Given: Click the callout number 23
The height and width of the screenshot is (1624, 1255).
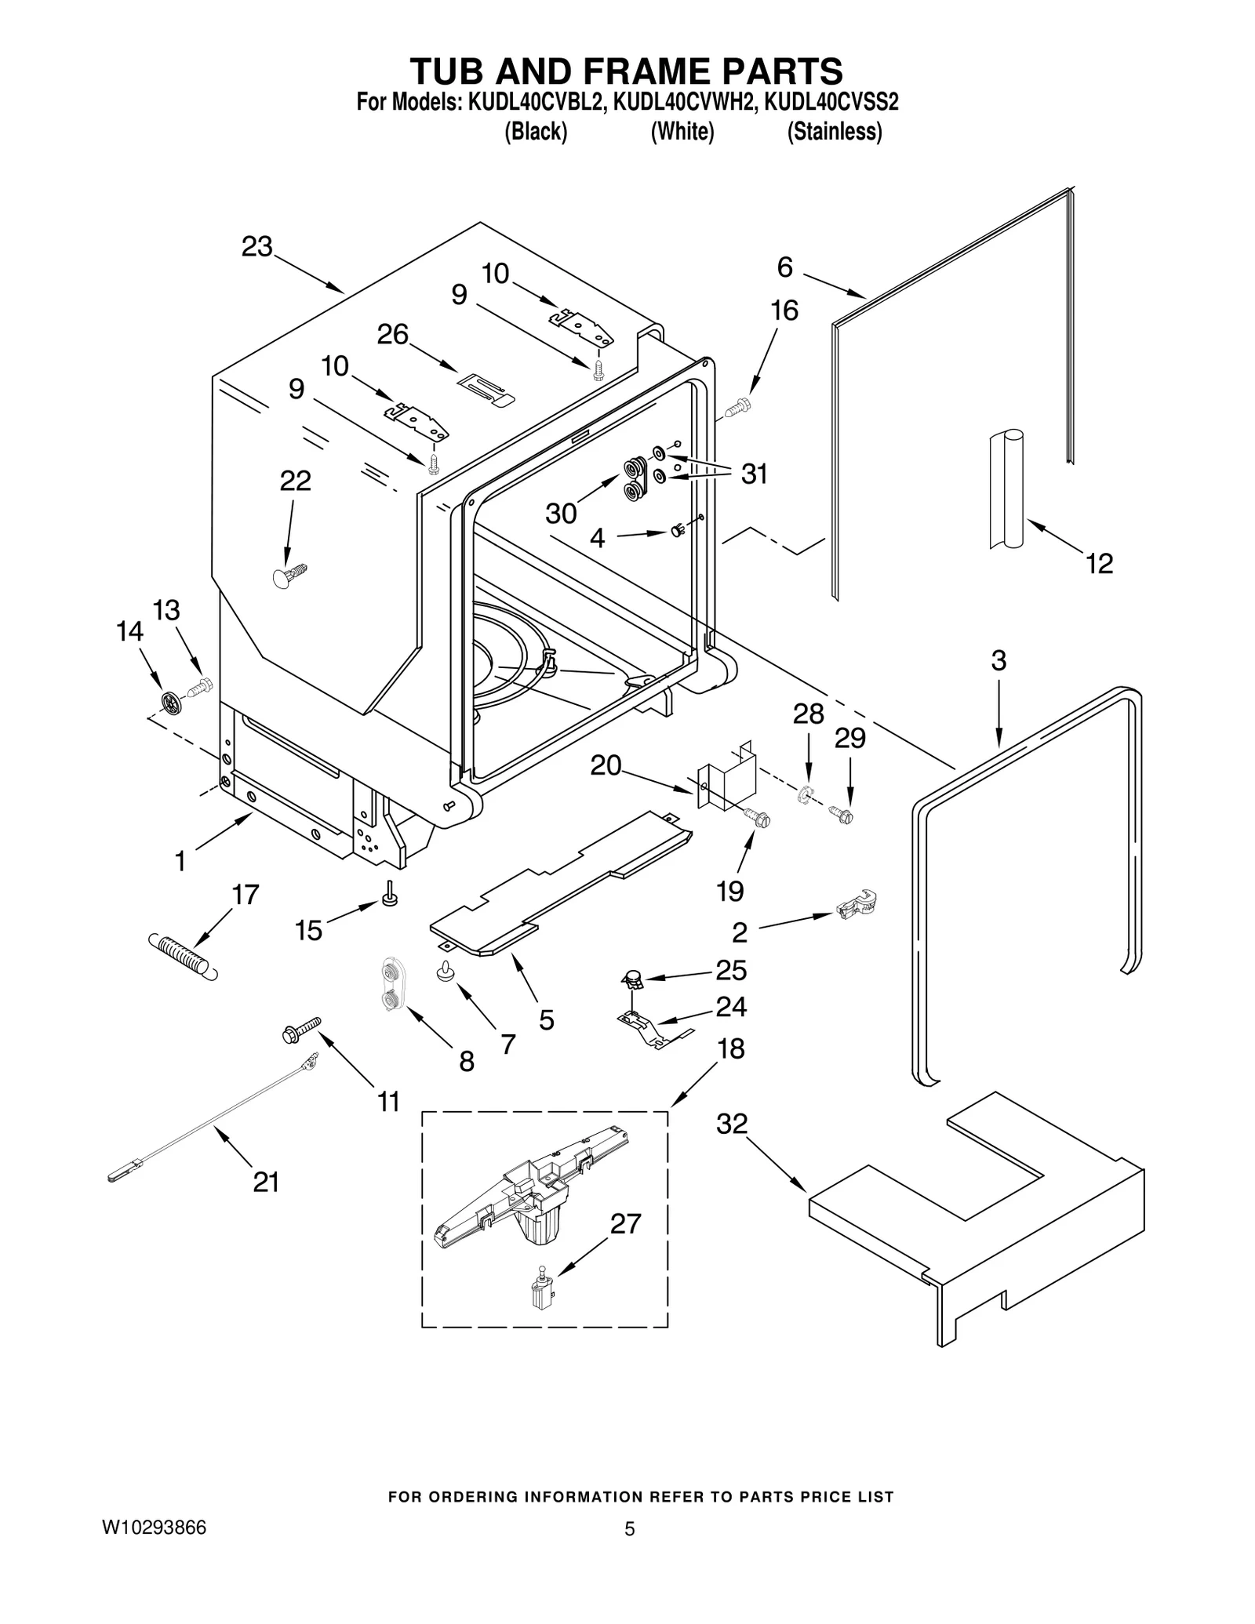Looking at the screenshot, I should [x=256, y=246].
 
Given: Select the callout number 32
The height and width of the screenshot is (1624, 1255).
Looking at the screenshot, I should [x=732, y=1124].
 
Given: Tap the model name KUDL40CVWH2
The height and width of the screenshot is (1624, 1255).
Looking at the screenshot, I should [x=682, y=103].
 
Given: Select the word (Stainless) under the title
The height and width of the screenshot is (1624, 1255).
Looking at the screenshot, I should [x=834, y=132].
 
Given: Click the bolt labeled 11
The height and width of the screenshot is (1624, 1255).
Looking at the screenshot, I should [x=302, y=1030].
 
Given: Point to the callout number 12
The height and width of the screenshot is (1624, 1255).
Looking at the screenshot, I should [x=1099, y=563].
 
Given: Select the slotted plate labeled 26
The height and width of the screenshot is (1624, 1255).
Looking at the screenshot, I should [x=486, y=388].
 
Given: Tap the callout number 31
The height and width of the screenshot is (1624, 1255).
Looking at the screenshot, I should [x=754, y=474].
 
